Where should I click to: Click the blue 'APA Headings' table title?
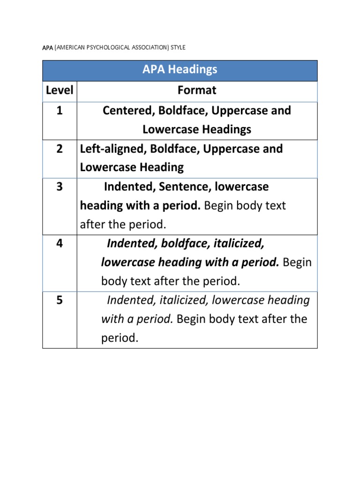[x=180, y=70]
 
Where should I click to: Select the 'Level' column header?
[x=60, y=90]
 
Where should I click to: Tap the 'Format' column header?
[x=197, y=90]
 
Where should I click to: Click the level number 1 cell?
[x=60, y=111]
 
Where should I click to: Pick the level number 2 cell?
[x=60, y=149]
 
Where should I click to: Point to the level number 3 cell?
[x=60, y=187]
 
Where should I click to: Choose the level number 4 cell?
[x=60, y=244]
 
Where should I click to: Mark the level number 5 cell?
[x=60, y=300]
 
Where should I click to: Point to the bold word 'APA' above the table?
[x=48, y=47]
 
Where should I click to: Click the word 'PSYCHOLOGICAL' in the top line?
[x=106, y=47]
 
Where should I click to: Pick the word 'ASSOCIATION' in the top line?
[x=146, y=47]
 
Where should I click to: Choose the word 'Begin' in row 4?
[x=297, y=262]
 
